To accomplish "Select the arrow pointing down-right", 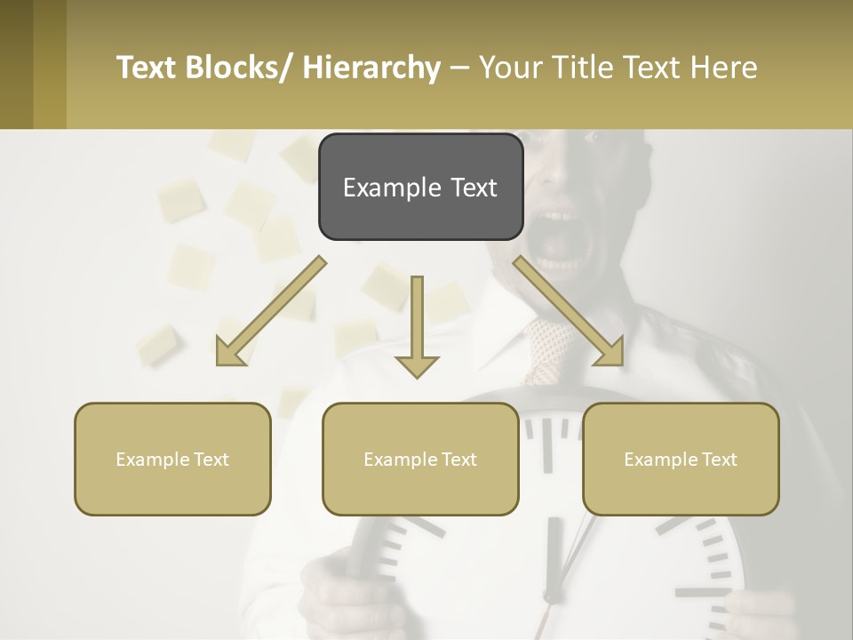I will pos(569,312).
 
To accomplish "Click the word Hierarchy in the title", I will pos(371,68).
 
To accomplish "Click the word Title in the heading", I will pos(584,68).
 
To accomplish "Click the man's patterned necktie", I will pos(546,347).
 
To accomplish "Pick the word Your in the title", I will pos(512,68).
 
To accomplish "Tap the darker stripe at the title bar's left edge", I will pos(16,64).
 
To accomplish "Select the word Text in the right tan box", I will pos(718,460).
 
